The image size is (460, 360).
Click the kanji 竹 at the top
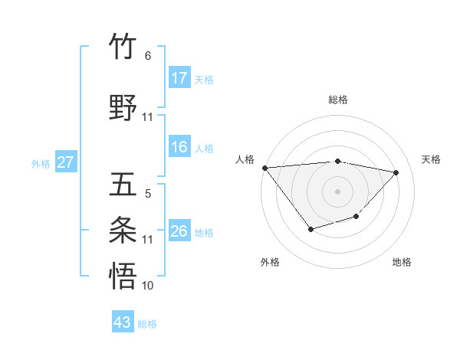[123, 47]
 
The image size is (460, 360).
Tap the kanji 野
[123, 108]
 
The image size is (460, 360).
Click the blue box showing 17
[179, 78]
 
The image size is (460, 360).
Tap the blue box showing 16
[179, 147]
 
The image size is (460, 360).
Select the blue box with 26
[179, 231]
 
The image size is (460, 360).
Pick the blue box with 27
[66, 162]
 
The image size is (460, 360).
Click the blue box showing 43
[123, 322]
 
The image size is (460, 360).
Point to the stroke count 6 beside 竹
[147, 56]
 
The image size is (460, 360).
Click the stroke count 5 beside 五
[147, 195]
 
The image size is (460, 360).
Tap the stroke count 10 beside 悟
[147, 286]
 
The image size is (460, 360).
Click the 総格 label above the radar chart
[337, 100]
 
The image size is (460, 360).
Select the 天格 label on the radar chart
[432, 159]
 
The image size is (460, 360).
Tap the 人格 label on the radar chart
[245, 159]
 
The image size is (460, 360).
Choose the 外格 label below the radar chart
[270, 262]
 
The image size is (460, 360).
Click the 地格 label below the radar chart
[402, 262]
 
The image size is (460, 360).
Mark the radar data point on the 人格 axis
[264, 168]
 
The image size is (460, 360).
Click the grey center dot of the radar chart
[337, 191]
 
